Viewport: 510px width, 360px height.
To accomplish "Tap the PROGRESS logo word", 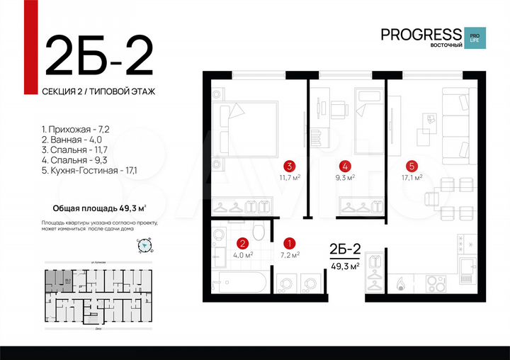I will point(420,34).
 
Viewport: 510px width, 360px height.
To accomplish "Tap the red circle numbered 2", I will point(241,242).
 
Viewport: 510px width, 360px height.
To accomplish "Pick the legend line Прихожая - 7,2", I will point(73,130).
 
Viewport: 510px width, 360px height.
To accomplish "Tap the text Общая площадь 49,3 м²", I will point(100,208).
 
